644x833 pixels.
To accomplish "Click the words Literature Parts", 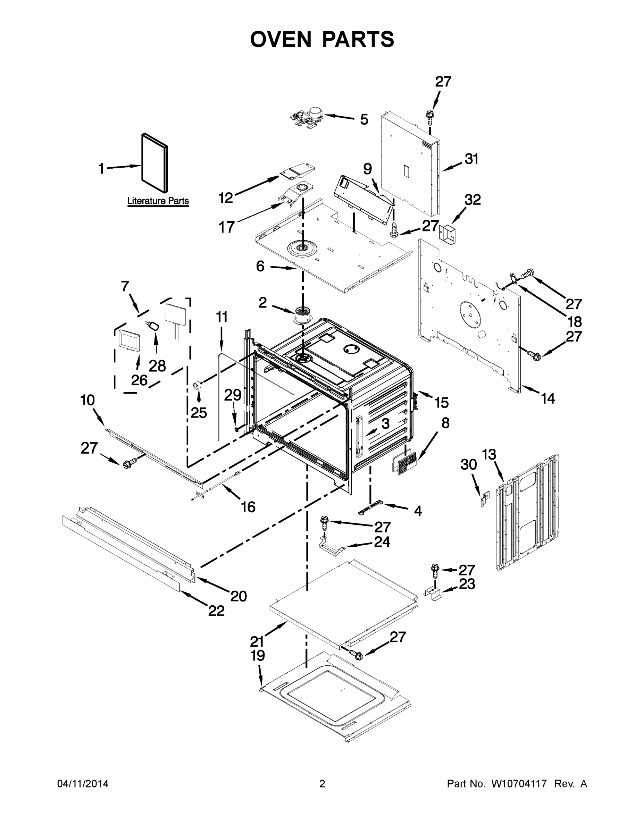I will (x=158, y=201).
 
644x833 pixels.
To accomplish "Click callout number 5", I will (x=364, y=119).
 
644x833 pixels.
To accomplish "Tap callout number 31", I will (x=471, y=159).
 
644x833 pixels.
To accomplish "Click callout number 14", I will (x=547, y=398).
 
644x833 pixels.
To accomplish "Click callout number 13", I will (x=489, y=455).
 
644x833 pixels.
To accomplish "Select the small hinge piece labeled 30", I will (x=484, y=498).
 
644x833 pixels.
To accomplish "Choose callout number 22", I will (x=216, y=611).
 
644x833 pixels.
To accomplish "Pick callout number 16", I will (x=248, y=507).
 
